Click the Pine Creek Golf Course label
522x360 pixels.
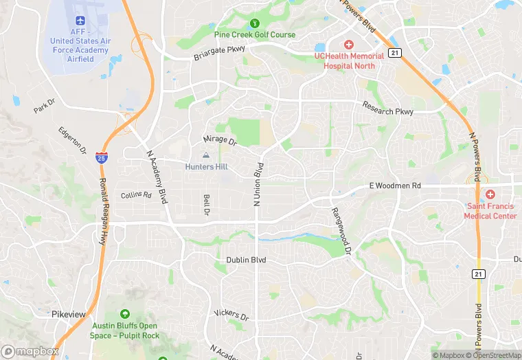[255, 34]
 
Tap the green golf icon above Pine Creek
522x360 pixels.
[255, 23]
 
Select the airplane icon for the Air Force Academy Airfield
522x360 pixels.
[80, 19]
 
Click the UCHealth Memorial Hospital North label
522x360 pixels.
[349, 60]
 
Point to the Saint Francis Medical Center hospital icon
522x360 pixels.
[490, 195]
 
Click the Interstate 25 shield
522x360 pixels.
[101, 157]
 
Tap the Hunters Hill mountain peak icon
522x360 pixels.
[206, 156]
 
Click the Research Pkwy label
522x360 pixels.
[388, 111]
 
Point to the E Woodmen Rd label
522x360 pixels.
[394, 185]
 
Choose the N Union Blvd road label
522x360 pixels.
[258, 184]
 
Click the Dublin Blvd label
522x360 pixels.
[246, 260]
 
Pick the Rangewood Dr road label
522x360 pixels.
[341, 232]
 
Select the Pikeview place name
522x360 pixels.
[69, 314]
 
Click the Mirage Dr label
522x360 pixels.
[220, 140]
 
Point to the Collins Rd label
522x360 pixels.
[136, 195]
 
